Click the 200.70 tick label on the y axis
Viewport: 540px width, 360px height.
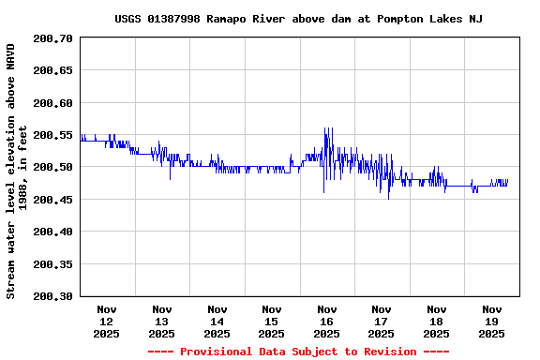(52, 38)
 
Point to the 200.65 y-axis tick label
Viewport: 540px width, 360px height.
(52, 70)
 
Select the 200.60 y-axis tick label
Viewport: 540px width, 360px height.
(52, 103)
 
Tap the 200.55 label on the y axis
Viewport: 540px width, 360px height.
(52, 135)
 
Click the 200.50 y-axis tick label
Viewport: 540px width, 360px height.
(52, 167)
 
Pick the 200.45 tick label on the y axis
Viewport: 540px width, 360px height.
(52, 200)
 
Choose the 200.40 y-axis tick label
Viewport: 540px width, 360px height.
(52, 232)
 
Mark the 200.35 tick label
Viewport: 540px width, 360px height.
(52, 264)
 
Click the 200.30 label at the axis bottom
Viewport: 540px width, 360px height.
(52, 296)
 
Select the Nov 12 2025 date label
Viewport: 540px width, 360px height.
(107, 321)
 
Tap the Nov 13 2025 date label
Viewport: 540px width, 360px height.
(162, 321)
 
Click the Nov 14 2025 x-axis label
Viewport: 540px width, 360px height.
(217, 321)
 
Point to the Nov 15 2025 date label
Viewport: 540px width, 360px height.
(272, 321)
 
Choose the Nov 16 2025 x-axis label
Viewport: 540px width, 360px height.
(326, 321)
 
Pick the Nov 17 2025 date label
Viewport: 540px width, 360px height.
(382, 321)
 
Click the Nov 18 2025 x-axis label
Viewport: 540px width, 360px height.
(436, 321)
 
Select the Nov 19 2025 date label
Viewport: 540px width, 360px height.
(491, 321)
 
